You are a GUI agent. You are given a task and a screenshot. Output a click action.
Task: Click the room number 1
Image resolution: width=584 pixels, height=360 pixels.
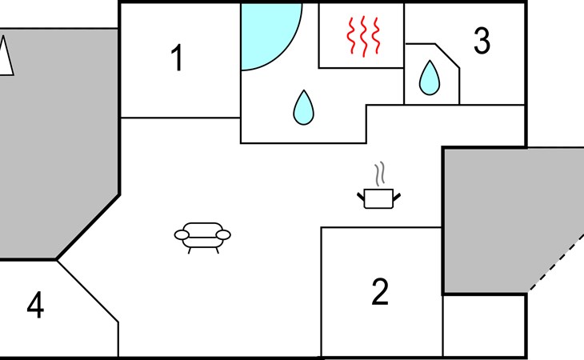178,58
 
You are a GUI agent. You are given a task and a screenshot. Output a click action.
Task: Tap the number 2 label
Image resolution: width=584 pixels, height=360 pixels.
380,291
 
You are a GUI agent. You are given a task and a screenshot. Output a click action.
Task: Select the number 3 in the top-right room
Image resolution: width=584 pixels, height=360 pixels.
482,41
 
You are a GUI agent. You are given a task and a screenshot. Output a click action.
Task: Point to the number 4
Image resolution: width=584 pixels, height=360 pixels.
35,305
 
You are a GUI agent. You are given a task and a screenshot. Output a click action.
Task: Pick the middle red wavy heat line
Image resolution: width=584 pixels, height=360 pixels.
364,37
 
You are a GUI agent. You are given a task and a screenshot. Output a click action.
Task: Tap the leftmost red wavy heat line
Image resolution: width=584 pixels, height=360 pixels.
351,35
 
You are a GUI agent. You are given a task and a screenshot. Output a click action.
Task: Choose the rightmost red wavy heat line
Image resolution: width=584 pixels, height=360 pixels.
377,35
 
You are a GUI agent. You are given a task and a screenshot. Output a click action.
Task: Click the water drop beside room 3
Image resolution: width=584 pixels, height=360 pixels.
430,78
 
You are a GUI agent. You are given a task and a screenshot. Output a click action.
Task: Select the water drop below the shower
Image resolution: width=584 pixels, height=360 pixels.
303,108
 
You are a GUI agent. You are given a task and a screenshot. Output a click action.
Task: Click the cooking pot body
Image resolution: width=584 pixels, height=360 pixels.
378,199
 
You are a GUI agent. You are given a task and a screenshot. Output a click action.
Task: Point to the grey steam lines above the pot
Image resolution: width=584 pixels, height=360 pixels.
379,174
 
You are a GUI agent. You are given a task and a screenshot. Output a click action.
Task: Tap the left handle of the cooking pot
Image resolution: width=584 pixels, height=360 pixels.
361,197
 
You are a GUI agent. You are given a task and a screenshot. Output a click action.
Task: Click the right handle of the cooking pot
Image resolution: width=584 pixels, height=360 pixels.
397,197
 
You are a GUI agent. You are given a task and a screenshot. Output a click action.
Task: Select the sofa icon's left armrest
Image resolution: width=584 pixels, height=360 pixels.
182,235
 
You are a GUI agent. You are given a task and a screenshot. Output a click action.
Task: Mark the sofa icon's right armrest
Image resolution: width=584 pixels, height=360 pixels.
223,235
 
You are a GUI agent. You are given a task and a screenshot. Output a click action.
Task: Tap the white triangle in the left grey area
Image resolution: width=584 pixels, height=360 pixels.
5,55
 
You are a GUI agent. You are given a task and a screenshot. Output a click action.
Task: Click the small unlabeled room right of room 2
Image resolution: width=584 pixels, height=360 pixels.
484,326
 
